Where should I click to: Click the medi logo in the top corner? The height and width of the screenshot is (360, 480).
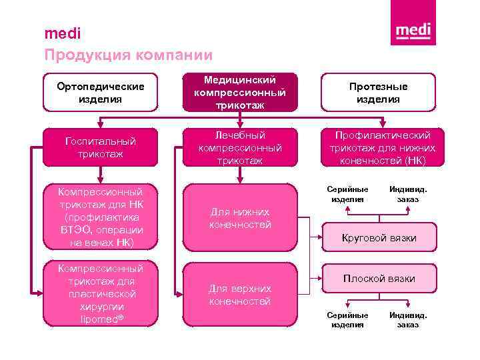(413, 31)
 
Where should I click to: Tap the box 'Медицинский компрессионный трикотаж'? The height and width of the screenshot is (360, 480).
(240, 93)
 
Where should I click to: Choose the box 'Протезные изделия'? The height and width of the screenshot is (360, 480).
(378, 93)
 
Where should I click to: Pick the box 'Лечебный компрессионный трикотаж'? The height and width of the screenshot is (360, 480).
(240, 147)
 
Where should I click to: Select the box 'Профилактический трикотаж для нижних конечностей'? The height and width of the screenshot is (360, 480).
(378, 147)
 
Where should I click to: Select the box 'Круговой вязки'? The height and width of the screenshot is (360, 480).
(379, 238)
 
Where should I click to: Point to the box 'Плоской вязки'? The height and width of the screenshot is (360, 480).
(379, 279)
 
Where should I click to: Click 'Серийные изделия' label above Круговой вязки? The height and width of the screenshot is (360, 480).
(347, 193)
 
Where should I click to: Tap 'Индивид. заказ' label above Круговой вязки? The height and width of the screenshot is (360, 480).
(408, 193)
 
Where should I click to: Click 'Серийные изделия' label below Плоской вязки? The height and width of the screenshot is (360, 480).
(347, 319)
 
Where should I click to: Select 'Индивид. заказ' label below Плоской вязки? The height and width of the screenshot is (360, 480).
(408, 319)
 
